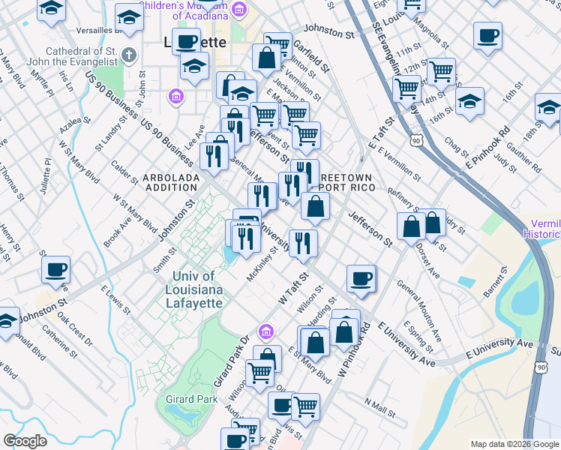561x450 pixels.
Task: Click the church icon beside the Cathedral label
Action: point(128,55)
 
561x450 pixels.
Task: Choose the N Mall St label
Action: point(380,406)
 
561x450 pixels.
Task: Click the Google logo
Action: point(25,441)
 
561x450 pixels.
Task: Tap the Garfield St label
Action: point(311,55)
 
